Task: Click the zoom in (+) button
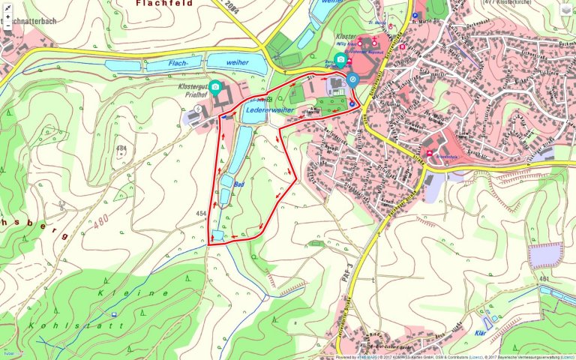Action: point(7,16)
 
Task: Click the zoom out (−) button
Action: point(7,25)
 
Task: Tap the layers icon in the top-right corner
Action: point(566,9)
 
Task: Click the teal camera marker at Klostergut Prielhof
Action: point(215,88)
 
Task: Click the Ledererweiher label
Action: point(269,109)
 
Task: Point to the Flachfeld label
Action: point(164,4)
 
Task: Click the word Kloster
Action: point(346,36)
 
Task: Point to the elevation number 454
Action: point(200,214)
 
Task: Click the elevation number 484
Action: point(122,148)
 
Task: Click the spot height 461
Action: point(545,279)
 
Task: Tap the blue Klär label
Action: point(481,331)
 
